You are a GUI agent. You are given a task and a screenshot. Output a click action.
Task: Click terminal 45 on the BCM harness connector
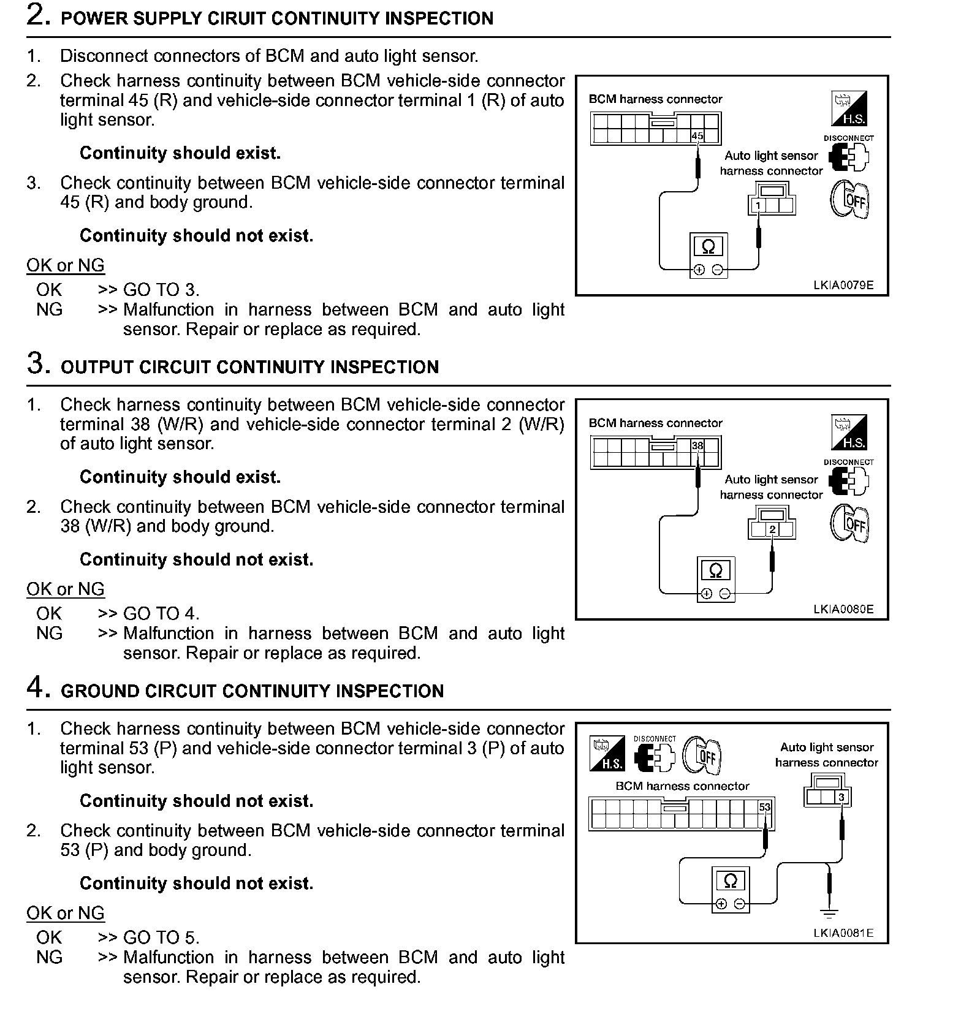(697, 136)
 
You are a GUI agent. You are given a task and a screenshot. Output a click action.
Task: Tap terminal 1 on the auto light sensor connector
(758, 205)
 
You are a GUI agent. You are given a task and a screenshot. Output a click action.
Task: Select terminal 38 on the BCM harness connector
(697, 445)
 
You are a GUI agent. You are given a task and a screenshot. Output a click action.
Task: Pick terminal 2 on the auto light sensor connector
(772, 529)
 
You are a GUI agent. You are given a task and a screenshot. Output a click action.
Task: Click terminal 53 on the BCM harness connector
(764, 808)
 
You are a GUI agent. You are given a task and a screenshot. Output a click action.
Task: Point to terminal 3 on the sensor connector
(841, 797)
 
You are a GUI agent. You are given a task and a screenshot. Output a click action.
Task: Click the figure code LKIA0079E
(843, 285)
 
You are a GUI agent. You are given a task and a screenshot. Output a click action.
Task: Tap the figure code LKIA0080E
(843, 609)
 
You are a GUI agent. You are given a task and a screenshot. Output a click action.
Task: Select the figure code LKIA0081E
(843, 933)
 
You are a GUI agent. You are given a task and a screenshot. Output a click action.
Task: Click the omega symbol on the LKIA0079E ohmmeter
(708, 247)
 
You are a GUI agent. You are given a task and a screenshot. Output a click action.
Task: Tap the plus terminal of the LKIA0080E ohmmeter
(706, 593)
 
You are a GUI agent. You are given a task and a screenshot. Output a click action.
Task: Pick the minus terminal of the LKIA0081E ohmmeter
(740, 904)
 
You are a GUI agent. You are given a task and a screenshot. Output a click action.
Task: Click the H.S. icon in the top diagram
(848, 108)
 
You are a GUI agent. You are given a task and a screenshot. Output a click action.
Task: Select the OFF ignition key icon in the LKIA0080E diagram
(849, 524)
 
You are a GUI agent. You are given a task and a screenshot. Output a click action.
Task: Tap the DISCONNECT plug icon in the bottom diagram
(655, 758)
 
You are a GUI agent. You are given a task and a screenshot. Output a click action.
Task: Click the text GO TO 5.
(161, 937)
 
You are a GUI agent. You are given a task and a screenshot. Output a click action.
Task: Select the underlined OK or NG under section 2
(66, 265)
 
